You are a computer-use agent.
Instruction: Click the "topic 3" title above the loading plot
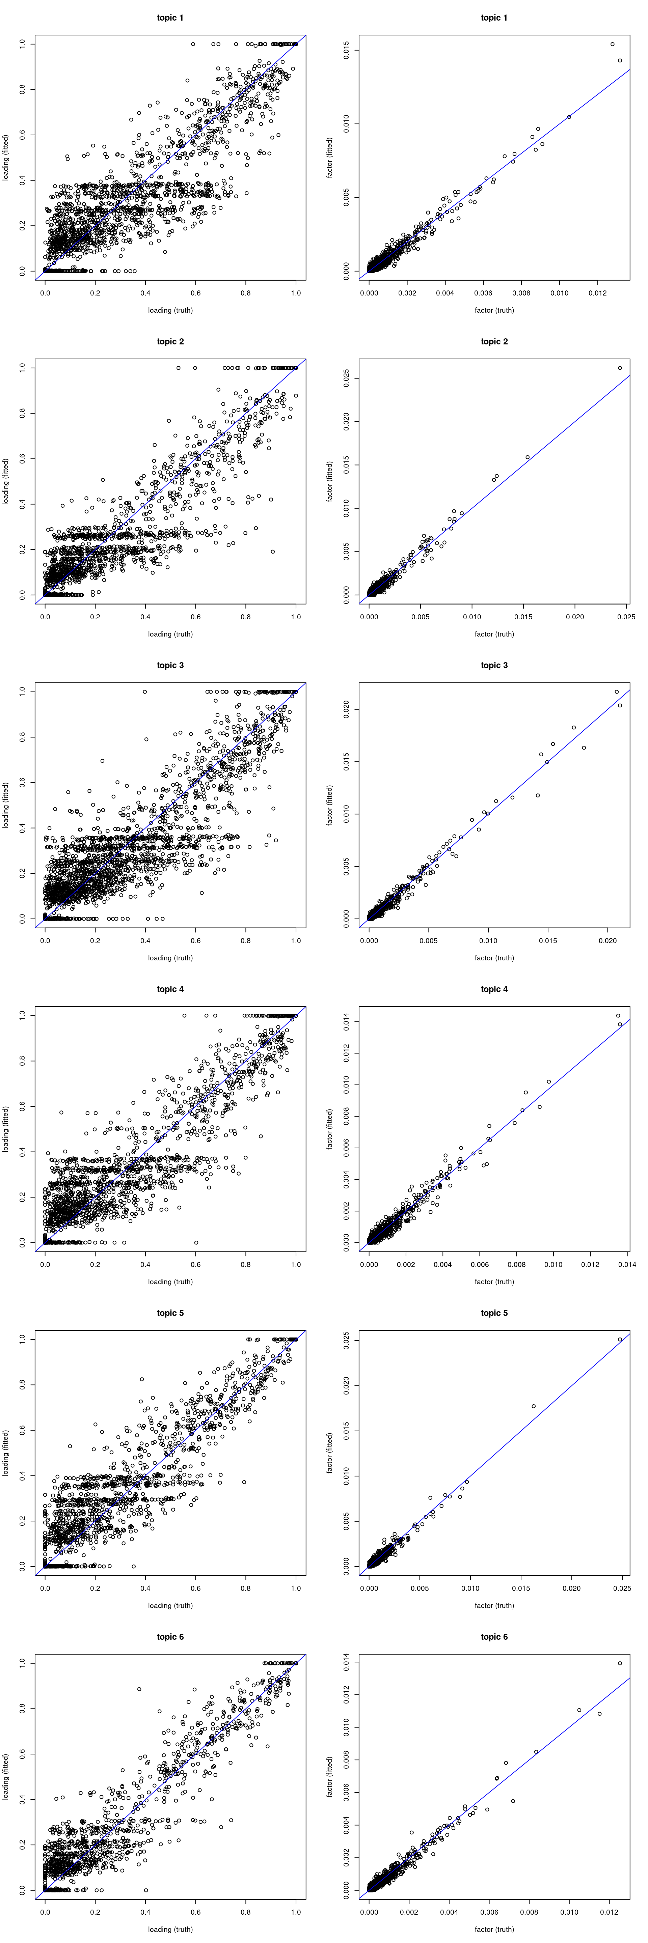[x=170, y=665]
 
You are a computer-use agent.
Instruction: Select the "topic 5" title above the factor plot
[x=494, y=1313]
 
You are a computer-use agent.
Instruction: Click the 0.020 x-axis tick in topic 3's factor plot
[x=608, y=940]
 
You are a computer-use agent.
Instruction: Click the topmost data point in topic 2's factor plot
[x=620, y=368]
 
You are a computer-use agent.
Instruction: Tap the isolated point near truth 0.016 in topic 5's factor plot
[x=533, y=1406]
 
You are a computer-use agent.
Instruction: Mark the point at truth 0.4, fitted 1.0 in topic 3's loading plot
[x=145, y=692]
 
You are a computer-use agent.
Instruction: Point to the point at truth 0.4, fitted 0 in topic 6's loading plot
[x=145, y=1889]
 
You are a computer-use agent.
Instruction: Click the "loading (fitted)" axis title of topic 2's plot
[x=6, y=481]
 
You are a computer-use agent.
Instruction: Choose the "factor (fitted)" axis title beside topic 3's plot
[x=330, y=805]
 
